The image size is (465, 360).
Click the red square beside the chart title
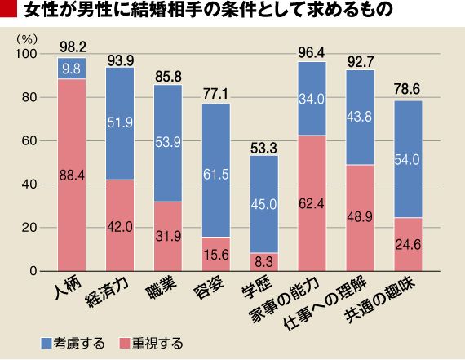pyautogui.click(x=8, y=9)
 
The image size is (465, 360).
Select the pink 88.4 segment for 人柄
pyautogui.click(x=72, y=175)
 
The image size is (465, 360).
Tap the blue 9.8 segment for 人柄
pyautogui.click(x=72, y=69)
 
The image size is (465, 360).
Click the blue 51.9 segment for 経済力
pyautogui.click(x=120, y=123)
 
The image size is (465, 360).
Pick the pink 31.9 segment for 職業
pyautogui.click(x=168, y=237)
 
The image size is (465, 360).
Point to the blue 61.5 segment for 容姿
pyautogui.click(x=216, y=171)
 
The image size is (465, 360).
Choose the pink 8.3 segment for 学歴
pyautogui.click(x=264, y=262)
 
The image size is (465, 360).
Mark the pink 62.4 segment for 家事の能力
pyautogui.click(x=312, y=203)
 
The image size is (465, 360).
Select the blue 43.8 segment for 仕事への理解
pyautogui.click(x=360, y=118)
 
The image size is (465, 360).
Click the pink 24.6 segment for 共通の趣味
pyautogui.click(x=408, y=244)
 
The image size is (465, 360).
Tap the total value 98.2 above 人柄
pyautogui.click(x=73, y=47)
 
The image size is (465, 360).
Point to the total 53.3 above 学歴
pyautogui.click(x=263, y=149)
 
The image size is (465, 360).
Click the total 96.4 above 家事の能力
pyautogui.click(x=312, y=52)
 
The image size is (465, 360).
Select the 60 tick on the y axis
pyautogui.click(x=29, y=141)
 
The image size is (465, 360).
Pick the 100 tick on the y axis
pyautogui.click(x=26, y=54)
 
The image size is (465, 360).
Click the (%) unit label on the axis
pyautogui.click(x=27, y=39)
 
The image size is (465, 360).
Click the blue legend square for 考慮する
pyautogui.click(x=46, y=344)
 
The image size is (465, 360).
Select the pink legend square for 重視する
pyautogui.click(x=125, y=344)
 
